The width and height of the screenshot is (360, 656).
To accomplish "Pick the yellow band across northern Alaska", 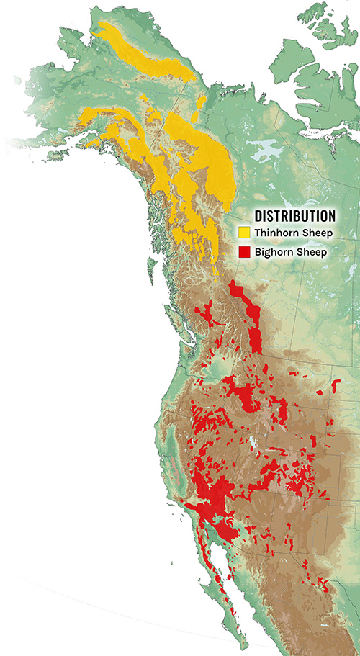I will [x=144, y=50].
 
